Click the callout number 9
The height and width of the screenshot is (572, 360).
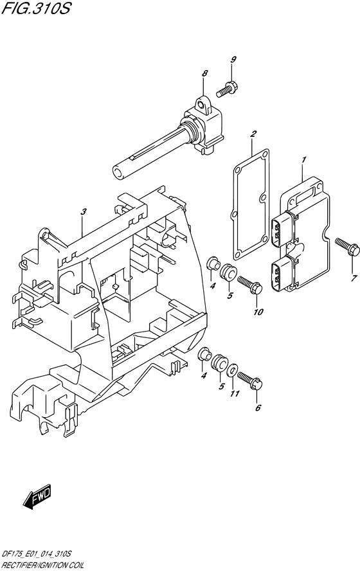tap(233, 60)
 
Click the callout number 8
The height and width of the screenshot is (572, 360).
tap(204, 73)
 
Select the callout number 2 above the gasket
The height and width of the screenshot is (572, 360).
tap(253, 134)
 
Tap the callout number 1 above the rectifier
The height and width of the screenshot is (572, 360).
tap(304, 160)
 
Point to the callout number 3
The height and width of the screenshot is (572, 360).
tap(84, 211)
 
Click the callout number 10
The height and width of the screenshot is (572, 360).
tap(258, 312)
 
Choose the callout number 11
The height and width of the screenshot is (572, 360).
tap(235, 393)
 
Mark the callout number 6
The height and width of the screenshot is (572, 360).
tap(258, 408)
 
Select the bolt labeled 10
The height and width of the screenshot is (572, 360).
tap(250, 285)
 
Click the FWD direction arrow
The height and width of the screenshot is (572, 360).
tap(37, 497)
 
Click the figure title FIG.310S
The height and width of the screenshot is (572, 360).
tap(35, 8)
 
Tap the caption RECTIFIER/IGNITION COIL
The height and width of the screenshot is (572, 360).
tap(43, 565)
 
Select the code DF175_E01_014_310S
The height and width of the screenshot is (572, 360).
tap(37, 554)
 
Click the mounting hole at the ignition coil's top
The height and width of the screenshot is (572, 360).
tap(200, 105)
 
